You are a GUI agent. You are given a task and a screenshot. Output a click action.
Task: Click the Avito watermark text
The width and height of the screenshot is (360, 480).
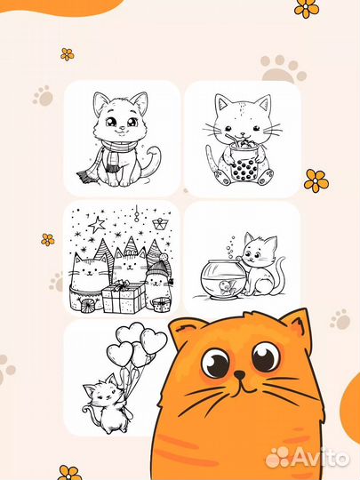pyautogui.click(x=321, y=458)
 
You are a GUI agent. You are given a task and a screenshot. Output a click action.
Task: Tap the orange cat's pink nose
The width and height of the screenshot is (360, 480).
pyautogui.click(x=240, y=374)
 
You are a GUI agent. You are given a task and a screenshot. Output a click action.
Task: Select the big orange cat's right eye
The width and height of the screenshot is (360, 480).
pyautogui.click(x=267, y=357)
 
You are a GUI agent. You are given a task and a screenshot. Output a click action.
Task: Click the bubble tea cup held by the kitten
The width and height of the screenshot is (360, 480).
pyautogui.click(x=243, y=162)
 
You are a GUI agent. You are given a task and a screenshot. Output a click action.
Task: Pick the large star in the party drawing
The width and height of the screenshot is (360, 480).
pyautogui.click(x=97, y=224)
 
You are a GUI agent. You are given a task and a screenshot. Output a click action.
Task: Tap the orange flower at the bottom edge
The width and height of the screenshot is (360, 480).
pyautogui.click(x=69, y=473)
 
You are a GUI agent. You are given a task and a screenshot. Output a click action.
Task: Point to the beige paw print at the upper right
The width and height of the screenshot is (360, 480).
pyautogui.click(x=284, y=69)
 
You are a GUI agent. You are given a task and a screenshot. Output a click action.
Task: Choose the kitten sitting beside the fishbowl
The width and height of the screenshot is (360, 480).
pyautogui.click(x=262, y=265)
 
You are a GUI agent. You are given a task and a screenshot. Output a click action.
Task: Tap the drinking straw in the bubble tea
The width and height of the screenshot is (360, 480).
pyautogui.click(x=233, y=139)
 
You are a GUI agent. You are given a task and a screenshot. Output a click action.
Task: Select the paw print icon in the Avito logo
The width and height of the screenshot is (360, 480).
pyautogui.click(x=277, y=458)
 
